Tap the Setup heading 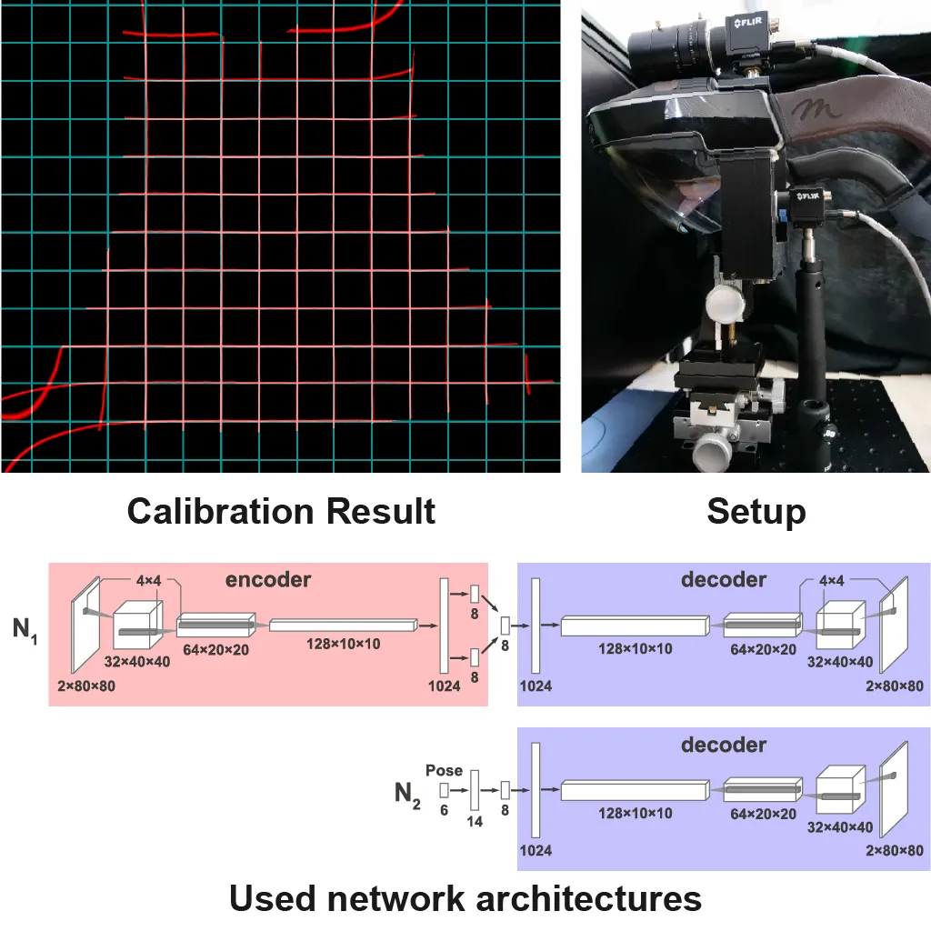click(756, 512)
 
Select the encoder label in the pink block click(268, 579)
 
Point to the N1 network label click(25, 630)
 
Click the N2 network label click(407, 795)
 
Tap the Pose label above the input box click(444, 771)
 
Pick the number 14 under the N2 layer click(475, 822)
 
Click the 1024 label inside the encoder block click(444, 686)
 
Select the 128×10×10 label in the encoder click(343, 645)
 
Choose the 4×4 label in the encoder click(148, 581)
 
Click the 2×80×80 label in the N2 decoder click(895, 851)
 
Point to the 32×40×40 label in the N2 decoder click(839, 827)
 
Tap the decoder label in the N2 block click(724, 745)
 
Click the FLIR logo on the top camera click(747, 23)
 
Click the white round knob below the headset click(725, 304)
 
